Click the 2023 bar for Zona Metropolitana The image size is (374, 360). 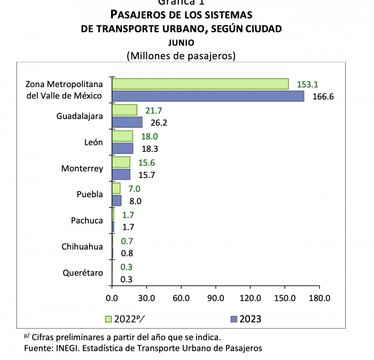208,96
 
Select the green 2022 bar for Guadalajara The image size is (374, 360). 124,109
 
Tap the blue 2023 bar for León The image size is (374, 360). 122,148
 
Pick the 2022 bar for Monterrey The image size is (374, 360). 121,162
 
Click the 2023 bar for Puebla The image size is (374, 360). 116,201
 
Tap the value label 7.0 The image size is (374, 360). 134,189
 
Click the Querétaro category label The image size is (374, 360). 83,273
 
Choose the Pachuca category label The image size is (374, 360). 87,221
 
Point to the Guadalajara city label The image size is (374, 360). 80,116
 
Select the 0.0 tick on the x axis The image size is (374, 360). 112,298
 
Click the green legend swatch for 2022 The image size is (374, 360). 108,319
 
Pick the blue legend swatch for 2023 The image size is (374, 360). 233,319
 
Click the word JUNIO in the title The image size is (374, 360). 181,42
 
